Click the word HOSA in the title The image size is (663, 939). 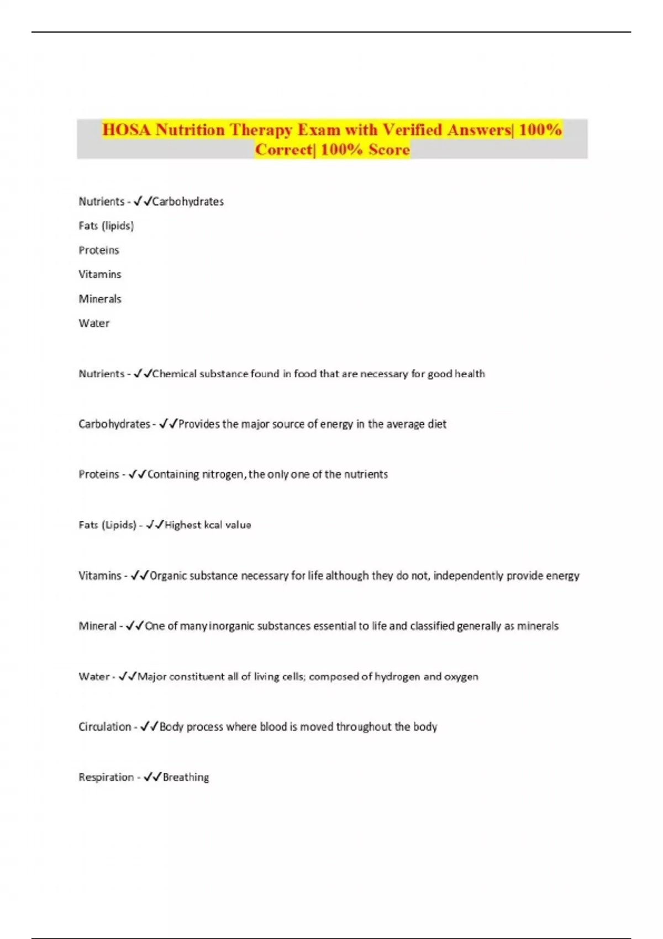point(127,130)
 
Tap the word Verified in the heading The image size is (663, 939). point(412,130)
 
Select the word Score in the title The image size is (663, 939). point(389,150)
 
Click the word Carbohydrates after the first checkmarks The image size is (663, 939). point(188,202)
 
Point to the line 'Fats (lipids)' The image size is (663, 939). point(106,226)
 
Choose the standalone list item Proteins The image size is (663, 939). point(99,250)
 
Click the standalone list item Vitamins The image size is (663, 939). point(99,275)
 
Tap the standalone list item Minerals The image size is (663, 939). point(100,299)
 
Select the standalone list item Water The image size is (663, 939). point(94,323)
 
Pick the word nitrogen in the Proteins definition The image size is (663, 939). point(223,474)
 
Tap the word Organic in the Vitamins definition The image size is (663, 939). point(168,576)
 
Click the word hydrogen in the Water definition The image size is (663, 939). point(397,677)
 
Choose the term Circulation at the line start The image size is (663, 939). point(105,727)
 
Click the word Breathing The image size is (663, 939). point(186,777)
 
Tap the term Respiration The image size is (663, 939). point(106,777)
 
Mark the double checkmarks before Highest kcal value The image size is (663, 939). point(155,525)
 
